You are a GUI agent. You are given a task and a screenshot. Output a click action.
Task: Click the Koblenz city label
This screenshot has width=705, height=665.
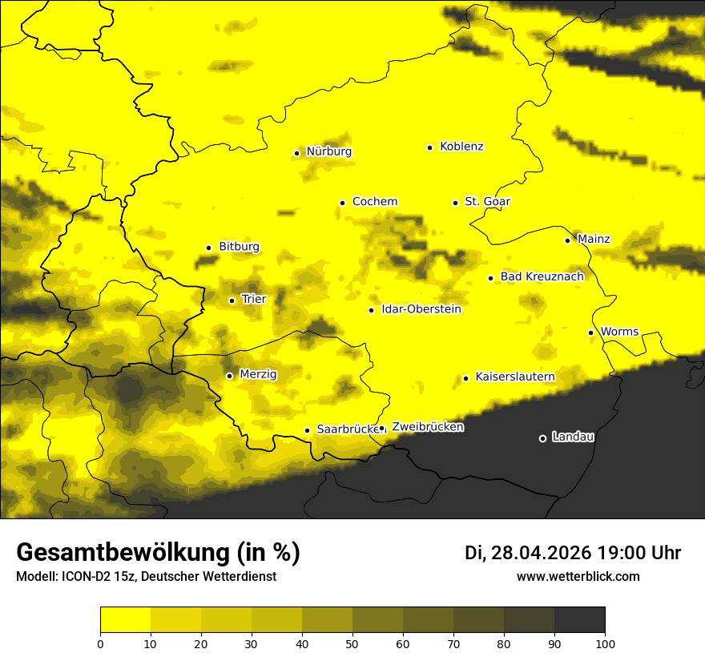click(461, 147)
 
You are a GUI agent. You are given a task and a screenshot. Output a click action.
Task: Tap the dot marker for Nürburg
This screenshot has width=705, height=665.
click(296, 153)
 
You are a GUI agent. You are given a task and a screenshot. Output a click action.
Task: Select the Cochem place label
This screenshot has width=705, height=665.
click(375, 202)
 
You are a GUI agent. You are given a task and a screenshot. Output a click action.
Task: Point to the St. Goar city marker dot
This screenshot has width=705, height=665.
click(455, 203)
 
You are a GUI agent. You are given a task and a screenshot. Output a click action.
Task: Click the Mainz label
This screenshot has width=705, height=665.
click(594, 239)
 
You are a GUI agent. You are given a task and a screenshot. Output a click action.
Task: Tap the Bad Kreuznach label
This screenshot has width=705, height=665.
click(542, 276)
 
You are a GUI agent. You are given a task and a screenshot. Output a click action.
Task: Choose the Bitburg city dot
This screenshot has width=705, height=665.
click(208, 248)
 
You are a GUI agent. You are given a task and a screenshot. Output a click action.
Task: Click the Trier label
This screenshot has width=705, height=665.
click(254, 300)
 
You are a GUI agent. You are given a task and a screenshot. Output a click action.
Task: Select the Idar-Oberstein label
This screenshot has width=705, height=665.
click(421, 309)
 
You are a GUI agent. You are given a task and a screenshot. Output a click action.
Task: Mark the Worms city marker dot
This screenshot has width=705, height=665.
click(590, 332)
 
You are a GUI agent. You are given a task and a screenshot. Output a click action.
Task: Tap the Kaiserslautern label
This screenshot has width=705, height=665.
click(515, 377)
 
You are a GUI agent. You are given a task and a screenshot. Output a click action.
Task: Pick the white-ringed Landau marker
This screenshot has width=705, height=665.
click(542, 438)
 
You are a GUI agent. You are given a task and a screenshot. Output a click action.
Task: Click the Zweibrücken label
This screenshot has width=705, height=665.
click(428, 427)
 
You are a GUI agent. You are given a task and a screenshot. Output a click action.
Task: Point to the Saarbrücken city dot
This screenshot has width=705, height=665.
click(307, 430)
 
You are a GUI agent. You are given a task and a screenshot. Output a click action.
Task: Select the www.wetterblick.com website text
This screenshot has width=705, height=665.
click(578, 576)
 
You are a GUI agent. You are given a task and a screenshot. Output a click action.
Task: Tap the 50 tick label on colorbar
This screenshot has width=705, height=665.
click(352, 643)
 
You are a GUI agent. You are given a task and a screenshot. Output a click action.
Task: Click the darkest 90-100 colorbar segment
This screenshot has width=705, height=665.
click(579, 619)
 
